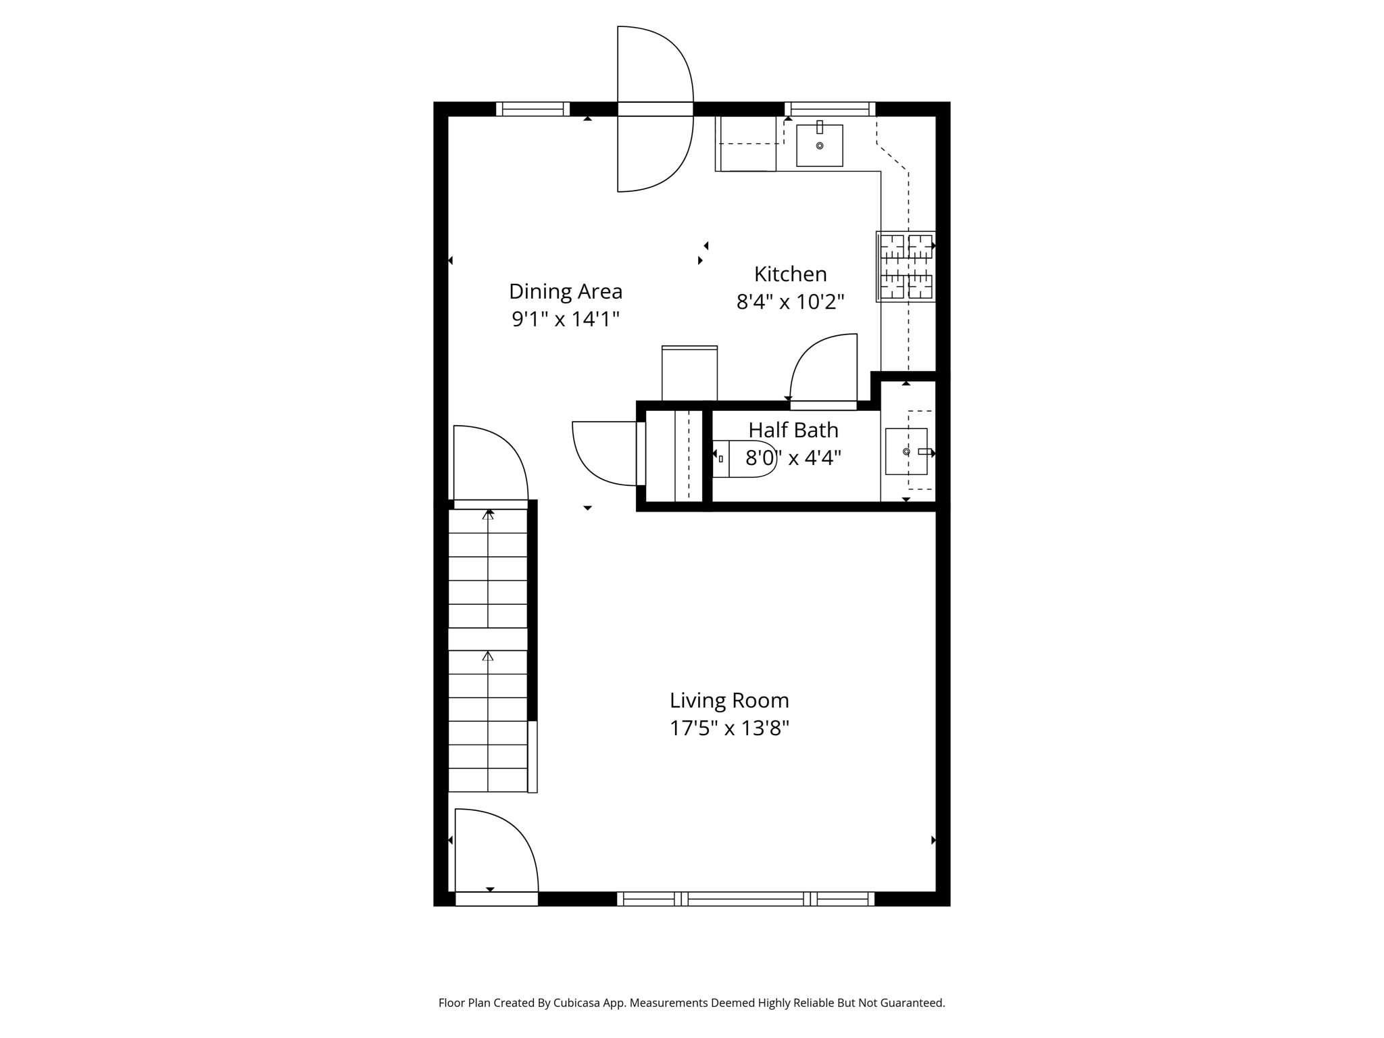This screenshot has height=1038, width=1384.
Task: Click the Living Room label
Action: (x=729, y=700)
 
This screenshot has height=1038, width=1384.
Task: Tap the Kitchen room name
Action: (x=790, y=274)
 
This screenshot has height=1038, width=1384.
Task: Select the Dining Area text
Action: (x=566, y=291)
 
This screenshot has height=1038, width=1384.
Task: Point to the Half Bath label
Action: (x=793, y=430)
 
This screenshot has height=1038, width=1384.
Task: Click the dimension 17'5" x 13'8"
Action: (x=729, y=728)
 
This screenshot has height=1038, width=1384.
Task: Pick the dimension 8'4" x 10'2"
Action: (x=790, y=301)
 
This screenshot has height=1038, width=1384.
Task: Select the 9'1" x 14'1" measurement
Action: (x=566, y=319)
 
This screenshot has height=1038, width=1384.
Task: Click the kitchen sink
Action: (x=819, y=145)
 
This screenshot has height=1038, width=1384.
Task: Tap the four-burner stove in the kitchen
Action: (x=906, y=266)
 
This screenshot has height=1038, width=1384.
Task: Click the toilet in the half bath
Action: (x=742, y=459)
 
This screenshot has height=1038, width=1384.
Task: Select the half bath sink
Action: (x=907, y=451)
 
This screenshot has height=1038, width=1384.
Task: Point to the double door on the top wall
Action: (x=655, y=109)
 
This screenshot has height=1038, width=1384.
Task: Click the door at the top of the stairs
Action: (x=490, y=466)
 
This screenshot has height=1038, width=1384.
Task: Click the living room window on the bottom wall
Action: (x=745, y=899)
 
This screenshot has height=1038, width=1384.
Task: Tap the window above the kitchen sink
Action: (x=830, y=109)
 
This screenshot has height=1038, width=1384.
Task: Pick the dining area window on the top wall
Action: (x=533, y=109)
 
